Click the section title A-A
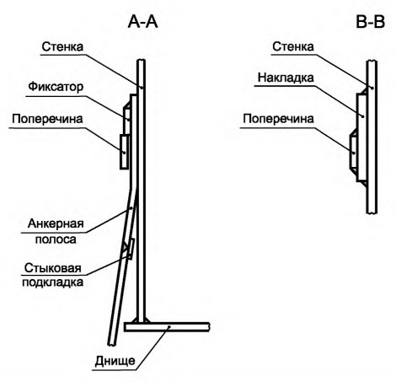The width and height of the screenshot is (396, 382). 142,22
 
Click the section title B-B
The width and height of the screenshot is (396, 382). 370,22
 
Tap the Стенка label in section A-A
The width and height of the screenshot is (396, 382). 62,46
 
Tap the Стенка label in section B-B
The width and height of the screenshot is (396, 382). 292,46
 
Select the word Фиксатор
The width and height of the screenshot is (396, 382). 56,87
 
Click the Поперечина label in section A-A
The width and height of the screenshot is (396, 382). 47,119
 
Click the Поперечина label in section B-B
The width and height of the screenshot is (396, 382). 278,119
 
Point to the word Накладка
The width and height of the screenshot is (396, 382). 286,78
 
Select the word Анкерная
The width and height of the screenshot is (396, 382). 56,223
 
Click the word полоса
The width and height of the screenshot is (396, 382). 56,239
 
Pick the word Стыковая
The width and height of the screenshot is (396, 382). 53,268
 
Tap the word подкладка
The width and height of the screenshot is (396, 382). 53,282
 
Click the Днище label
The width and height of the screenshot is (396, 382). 115,361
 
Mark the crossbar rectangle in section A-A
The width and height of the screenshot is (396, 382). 124,152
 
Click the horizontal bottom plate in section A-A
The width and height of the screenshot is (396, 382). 167,327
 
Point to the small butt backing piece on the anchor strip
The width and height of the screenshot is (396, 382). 131,249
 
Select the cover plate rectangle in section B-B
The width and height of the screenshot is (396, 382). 361,137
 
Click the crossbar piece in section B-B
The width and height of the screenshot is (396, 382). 353,152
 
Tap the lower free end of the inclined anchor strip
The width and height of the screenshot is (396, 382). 112,343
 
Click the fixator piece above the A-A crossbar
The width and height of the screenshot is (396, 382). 127,121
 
